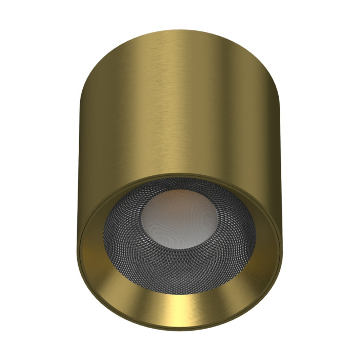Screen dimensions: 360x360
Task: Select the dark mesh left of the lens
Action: coord(121,234)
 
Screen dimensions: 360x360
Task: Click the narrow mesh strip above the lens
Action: coord(177,184)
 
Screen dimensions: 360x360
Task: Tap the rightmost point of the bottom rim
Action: coord(282,242)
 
